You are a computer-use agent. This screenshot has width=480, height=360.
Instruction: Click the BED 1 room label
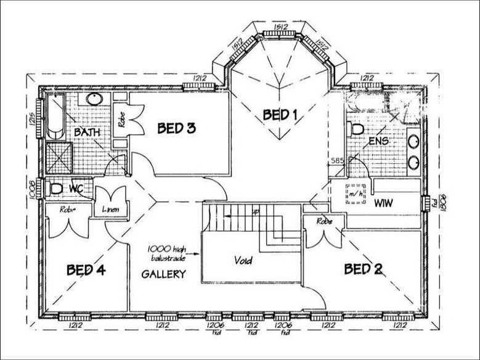click(280, 114)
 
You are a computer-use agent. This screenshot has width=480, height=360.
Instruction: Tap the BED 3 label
click(176, 128)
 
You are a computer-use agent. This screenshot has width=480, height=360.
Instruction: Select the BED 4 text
click(86, 270)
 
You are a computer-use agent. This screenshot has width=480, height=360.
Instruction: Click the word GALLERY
click(163, 274)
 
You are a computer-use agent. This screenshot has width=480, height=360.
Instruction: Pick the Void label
click(243, 261)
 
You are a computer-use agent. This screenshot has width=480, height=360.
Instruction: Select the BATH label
click(86, 133)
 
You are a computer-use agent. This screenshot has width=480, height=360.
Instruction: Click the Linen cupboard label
click(111, 210)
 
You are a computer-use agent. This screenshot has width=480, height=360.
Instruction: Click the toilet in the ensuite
click(356, 129)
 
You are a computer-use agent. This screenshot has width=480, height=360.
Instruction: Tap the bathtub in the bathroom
click(55, 117)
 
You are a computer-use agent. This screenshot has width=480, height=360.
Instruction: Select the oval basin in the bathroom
click(94, 99)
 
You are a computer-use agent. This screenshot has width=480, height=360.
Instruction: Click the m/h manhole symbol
click(355, 195)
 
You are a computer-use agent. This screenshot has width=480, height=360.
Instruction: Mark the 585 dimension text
click(336, 160)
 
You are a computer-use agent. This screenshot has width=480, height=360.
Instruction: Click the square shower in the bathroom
click(59, 158)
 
